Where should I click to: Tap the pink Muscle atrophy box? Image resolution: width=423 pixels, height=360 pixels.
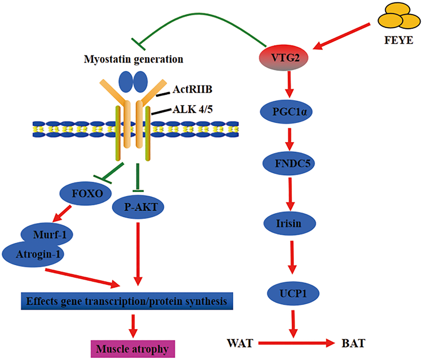point(132,349)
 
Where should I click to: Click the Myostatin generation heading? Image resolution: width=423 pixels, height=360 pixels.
point(134,59)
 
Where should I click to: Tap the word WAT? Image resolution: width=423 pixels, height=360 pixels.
point(240,343)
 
